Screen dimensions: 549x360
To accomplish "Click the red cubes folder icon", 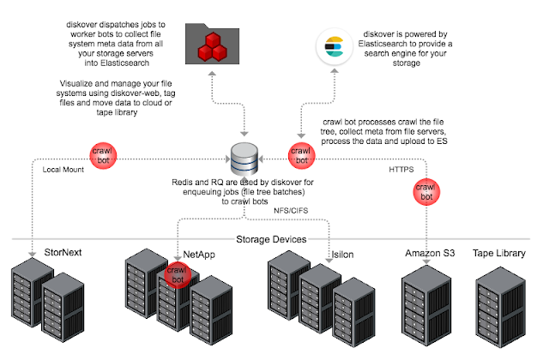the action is click(212, 44).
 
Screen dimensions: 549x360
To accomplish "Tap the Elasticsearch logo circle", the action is click(334, 47).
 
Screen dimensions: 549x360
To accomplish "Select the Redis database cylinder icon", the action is click(244, 159).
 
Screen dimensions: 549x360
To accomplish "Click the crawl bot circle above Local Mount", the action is click(103, 156).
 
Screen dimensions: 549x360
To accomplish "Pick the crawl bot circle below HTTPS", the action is click(426, 192).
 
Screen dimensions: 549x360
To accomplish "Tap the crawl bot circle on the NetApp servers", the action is click(178, 275).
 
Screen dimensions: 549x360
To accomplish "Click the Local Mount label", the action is click(63, 170).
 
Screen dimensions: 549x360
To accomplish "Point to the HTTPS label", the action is click(401, 170).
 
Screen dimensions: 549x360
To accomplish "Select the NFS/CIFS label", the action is click(291, 211).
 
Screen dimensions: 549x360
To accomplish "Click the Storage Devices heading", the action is click(271, 239).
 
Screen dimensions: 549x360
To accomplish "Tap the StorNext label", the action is click(63, 252).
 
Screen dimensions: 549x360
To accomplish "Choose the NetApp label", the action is click(199, 255).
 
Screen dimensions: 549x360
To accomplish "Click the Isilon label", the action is click(342, 255).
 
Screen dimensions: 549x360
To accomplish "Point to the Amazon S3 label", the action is click(430, 253).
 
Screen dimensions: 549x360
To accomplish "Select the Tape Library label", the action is click(499, 253).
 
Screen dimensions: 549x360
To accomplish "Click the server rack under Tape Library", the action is click(501, 307).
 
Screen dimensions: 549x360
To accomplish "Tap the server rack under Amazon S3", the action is click(426, 305).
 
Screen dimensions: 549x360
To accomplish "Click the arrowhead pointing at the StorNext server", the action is click(33, 254).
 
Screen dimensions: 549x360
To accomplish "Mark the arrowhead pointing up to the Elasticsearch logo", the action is click(335, 70).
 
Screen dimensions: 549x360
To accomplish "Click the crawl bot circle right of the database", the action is click(301, 156).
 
